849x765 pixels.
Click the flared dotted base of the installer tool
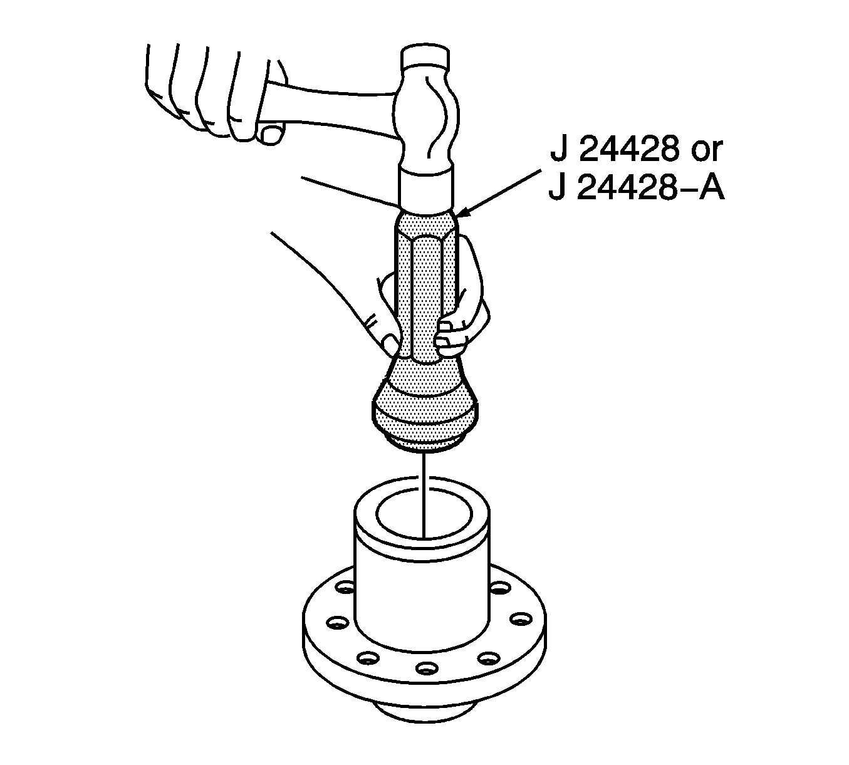426,401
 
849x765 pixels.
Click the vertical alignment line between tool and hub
424,495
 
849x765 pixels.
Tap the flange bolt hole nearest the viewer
426,668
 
